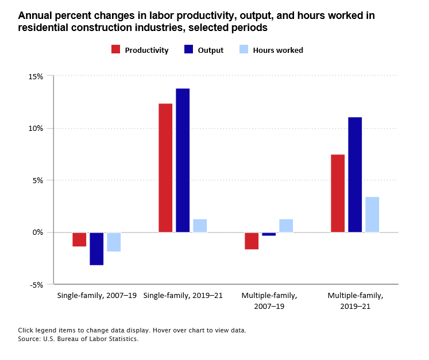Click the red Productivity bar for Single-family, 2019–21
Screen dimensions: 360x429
pyautogui.click(x=165, y=168)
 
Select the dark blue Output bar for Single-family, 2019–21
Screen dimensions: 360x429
pyautogui.click(x=183, y=160)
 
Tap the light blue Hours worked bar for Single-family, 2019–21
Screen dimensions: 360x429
pyautogui.click(x=200, y=226)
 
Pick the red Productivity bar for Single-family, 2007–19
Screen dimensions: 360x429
pyautogui.click(x=79, y=239)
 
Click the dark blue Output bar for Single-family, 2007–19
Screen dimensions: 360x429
pyautogui.click(x=96, y=249)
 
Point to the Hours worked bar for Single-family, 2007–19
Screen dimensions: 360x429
pyautogui.click(x=114, y=242)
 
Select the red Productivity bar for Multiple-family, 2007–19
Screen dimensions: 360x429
pyautogui.click(x=252, y=241)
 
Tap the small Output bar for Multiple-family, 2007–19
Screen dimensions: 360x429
pyautogui.click(x=269, y=234)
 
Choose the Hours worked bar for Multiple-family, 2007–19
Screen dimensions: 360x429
pyautogui.click(x=286, y=226)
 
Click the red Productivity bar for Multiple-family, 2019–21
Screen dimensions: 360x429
pyautogui.click(x=338, y=193)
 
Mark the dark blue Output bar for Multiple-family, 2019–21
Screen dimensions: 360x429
pyautogui.click(x=355, y=175)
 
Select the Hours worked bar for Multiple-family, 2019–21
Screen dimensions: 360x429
pyautogui.click(x=372, y=215)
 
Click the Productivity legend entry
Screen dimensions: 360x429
pyautogui.click(x=140, y=50)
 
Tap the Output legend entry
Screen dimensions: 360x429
pyautogui.click(x=204, y=50)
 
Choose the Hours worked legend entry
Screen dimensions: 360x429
pyautogui.click(x=270, y=50)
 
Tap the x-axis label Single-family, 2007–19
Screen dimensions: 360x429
pyautogui.click(x=96, y=296)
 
